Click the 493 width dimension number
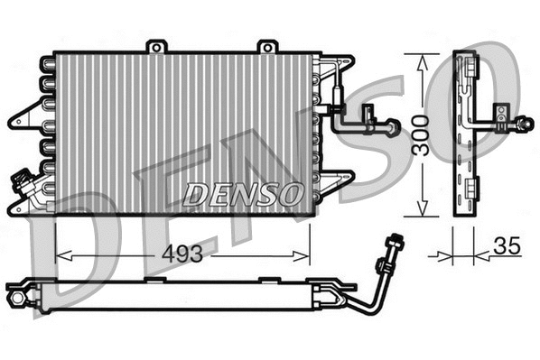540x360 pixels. (x=182, y=255)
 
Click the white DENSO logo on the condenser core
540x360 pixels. (x=242, y=193)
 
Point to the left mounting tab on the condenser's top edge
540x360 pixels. (x=158, y=46)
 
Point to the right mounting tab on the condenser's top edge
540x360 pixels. (x=266, y=46)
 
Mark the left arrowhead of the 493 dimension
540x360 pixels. (x=61, y=255)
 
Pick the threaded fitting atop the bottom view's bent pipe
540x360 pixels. (x=393, y=245)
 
